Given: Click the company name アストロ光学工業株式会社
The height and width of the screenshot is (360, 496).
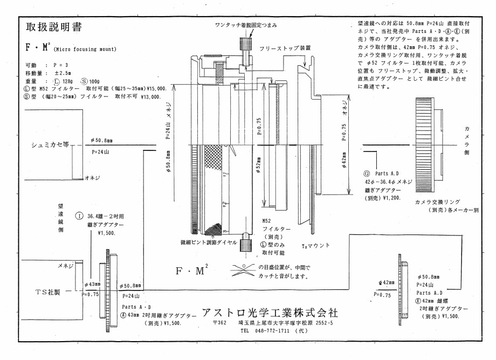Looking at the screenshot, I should (271, 312).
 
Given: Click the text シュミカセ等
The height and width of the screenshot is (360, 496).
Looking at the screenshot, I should (49, 146).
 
